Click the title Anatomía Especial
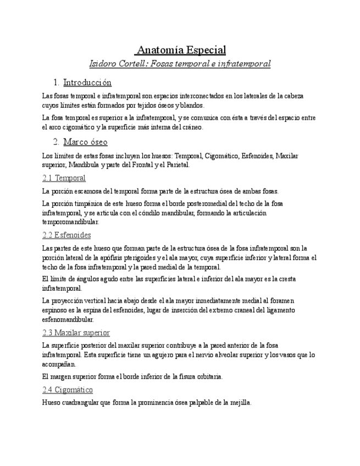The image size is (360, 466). (x=181, y=50)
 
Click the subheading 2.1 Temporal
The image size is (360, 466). (x=64, y=178)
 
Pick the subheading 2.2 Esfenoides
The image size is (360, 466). (x=67, y=235)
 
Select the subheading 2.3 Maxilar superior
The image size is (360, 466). (x=76, y=332)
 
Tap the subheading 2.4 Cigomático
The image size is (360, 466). (x=68, y=390)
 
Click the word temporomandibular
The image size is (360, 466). (x=70, y=222)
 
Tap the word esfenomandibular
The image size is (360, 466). (x=68, y=319)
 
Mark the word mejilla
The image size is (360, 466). (x=239, y=402)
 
